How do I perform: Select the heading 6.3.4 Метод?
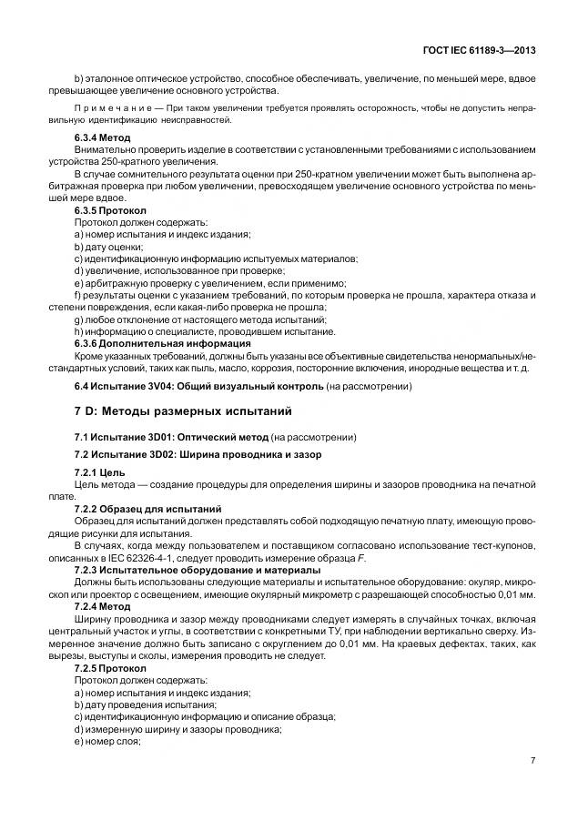click(x=102, y=137)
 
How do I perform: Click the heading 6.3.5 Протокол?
click(x=108, y=210)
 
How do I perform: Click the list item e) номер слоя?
click(x=106, y=740)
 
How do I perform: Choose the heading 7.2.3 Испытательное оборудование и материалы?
click(x=197, y=570)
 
